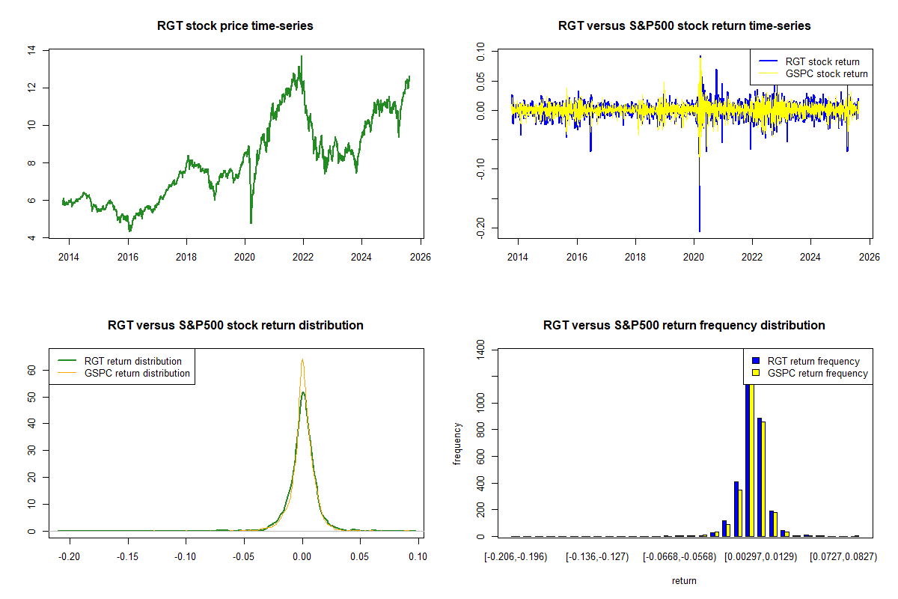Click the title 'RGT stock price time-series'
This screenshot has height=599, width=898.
(235, 26)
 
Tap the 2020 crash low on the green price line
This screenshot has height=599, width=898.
(251, 222)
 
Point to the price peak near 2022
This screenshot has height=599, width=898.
(302, 56)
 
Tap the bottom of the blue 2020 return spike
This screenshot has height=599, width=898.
(700, 231)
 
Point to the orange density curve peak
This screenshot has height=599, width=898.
(302, 360)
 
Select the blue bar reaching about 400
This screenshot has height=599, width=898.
(736, 509)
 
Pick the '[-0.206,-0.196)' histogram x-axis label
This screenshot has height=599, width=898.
(516, 557)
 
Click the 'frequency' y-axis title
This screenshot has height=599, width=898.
(457, 443)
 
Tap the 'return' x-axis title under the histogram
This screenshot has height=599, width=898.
(684, 580)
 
